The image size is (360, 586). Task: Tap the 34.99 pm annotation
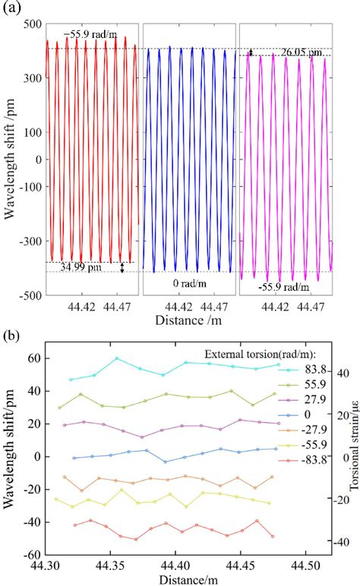83,268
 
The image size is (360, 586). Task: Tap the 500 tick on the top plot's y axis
30,24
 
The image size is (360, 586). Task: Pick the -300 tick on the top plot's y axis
29,241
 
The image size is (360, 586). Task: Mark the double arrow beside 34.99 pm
122,267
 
